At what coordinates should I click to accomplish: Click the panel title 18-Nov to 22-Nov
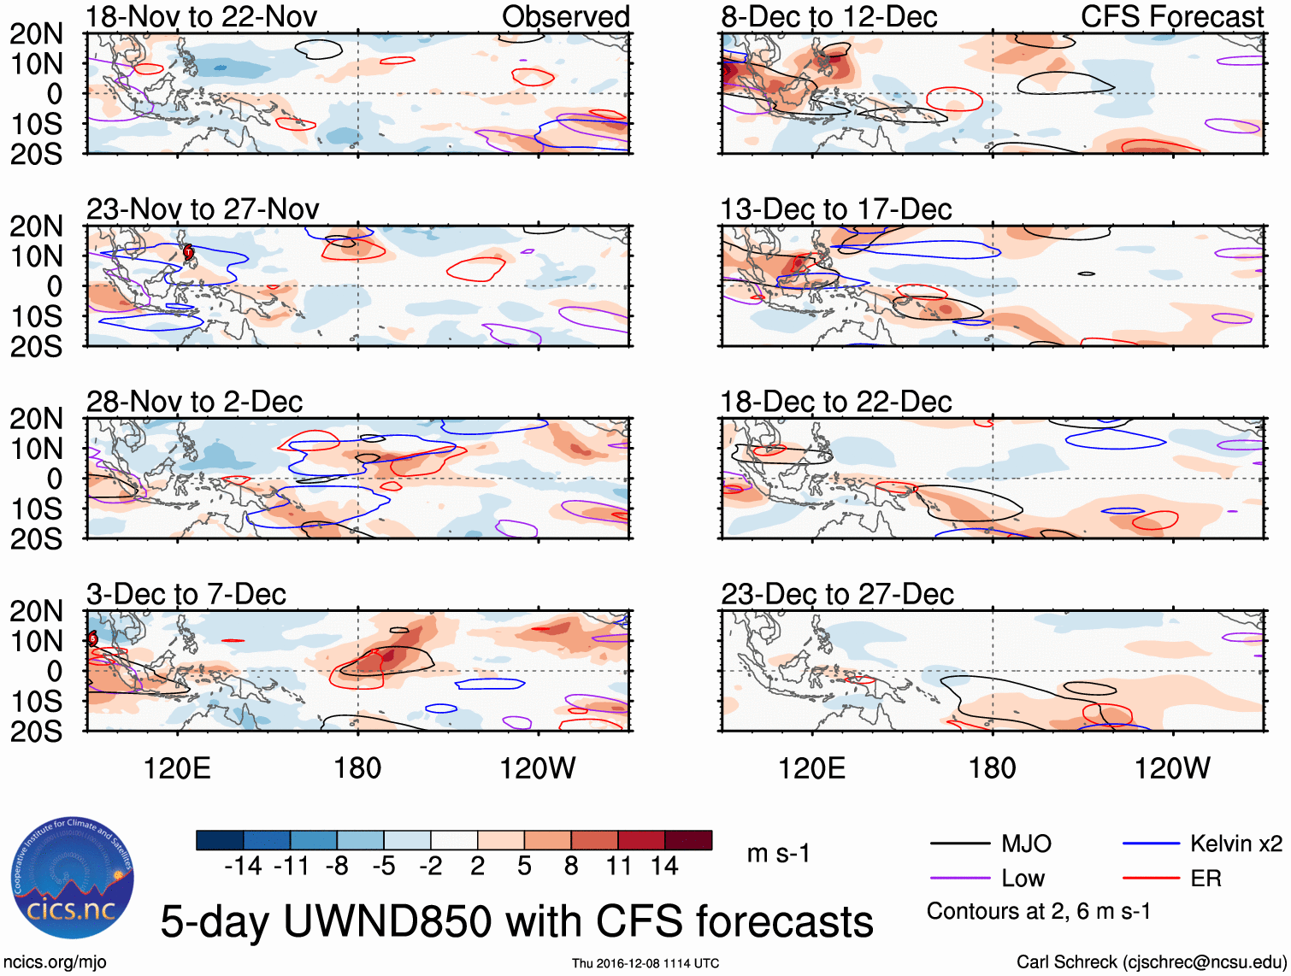click(x=202, y=16)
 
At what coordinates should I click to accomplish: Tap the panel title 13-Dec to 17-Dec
click(x=835, y=209)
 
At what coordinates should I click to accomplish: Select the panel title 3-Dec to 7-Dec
click(x=186, y=594)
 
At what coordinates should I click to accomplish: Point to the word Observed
click(x=565, y=16)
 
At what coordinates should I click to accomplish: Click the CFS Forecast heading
click(x=1171, y=16)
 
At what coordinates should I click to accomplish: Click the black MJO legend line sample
click(x=960, y=844)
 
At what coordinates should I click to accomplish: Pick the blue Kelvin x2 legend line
click(x=1151, y=844)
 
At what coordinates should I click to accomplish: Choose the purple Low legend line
click(x=960, y=879)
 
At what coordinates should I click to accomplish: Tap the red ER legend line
click(x=1151, y=879)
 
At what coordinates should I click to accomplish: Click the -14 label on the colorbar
click(x=243, y=867)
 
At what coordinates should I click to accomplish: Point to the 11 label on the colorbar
click(x=619, y=867)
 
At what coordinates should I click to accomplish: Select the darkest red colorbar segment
click(x=688, y=840)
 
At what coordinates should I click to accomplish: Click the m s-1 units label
click(x=778, y=853)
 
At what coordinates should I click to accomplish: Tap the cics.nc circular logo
click(x=73, y=878)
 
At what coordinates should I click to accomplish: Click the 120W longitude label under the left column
click(x=537, y=768)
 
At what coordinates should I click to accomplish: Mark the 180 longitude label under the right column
click(x=992, y=768)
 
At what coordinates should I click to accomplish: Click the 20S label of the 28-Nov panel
click(x=36, y=539)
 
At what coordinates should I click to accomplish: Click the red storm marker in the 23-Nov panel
click(x=188, y=251)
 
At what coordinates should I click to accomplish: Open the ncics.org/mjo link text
click(x=55, y=962)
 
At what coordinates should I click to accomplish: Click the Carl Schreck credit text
click(x=1151, y=962)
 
